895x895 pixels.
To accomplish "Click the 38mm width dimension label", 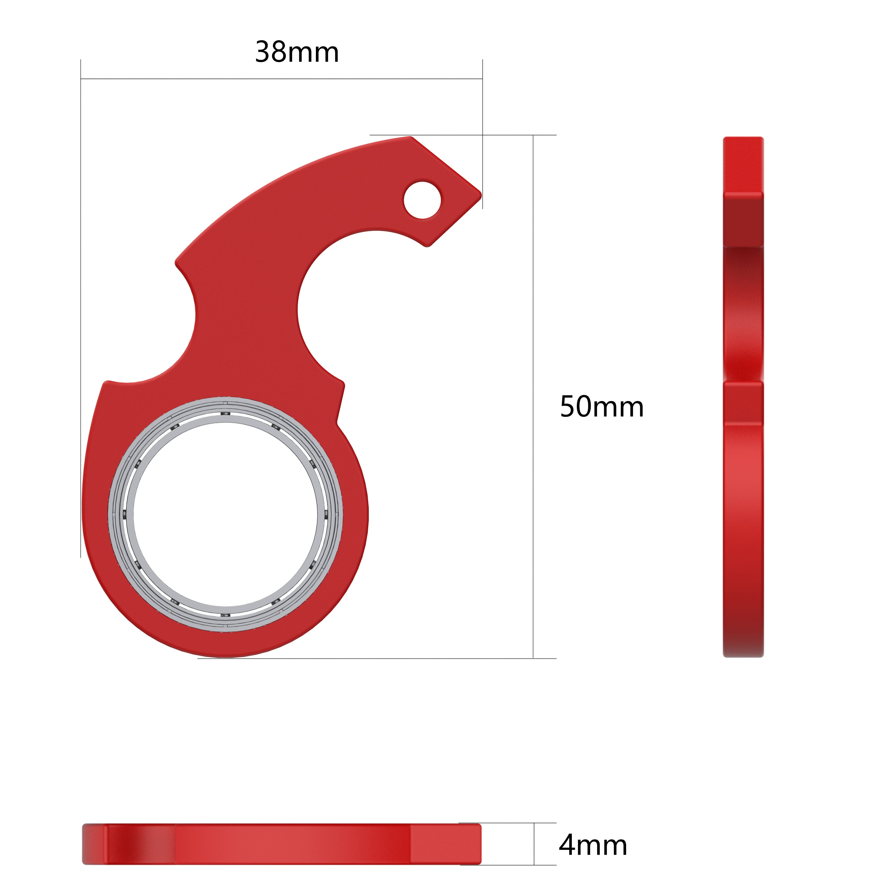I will coord(297,52).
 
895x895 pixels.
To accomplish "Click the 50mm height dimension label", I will coord(601,407).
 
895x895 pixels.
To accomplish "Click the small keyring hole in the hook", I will coord(422,200).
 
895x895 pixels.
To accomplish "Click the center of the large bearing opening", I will coord(225,514).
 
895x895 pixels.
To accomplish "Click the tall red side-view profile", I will coord(743,397).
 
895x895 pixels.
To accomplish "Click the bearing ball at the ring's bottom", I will coord(225,615).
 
